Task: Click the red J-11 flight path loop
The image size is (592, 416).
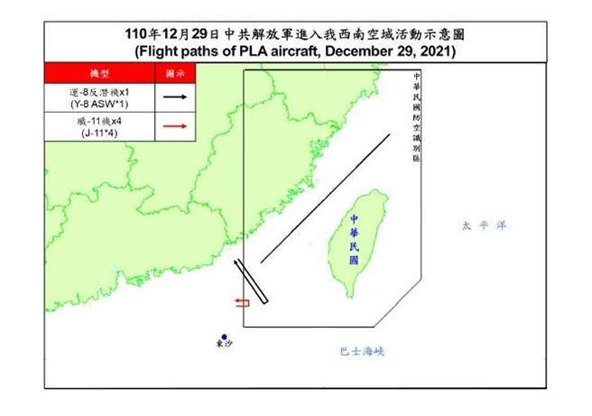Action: click(x=242, y=302)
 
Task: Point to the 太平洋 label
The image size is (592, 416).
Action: click(x=478, y=226)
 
